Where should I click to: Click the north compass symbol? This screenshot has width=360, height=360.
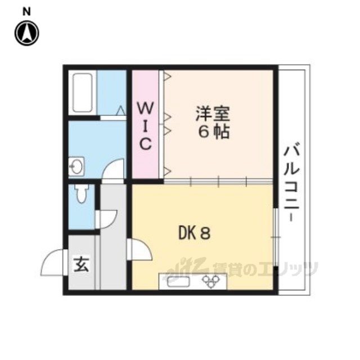pos(26,33)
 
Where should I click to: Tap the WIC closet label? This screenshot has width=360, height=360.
pos(145,125)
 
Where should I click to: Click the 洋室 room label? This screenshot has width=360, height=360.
pos(212,114)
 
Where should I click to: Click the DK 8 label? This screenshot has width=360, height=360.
pos(195,232)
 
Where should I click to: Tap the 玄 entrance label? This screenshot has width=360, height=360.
pos(82,264)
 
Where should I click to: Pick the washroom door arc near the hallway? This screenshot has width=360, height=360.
pos(114,170)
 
